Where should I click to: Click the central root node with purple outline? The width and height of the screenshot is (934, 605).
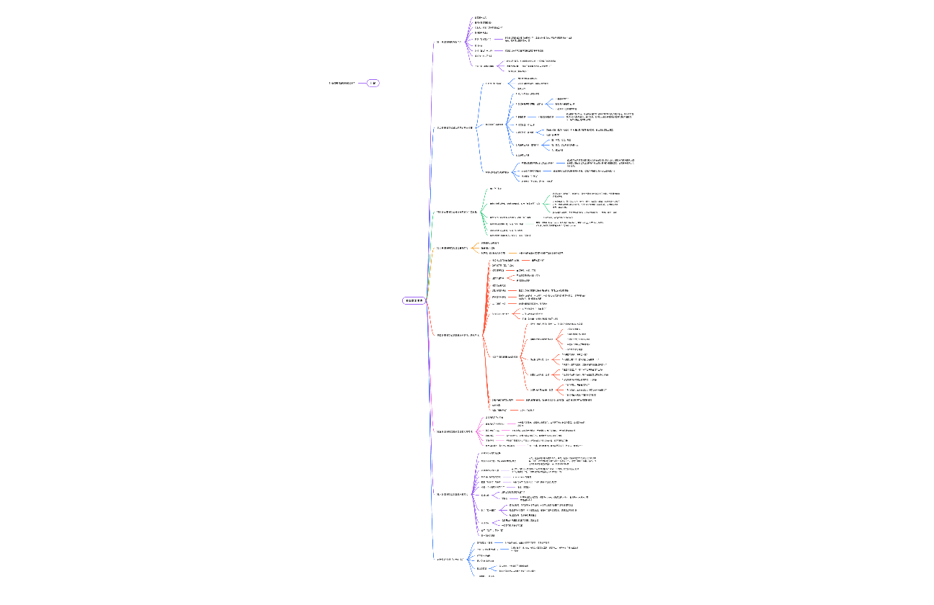click(x=414, y=300)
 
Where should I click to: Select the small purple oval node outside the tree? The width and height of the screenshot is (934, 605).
click(x=373, y=84)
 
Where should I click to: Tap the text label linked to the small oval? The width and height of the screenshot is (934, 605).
click(x=342, y=84)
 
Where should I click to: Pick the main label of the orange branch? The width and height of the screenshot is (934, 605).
click(x=452, y=248)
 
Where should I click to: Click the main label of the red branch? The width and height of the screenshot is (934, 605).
click(x=458, y=335)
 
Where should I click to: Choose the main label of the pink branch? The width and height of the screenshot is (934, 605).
click(x=455, y=431)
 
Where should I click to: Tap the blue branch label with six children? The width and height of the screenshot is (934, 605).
click(x=452, y=559)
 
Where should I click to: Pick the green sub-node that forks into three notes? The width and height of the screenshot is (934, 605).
click(x=512, y=203)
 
